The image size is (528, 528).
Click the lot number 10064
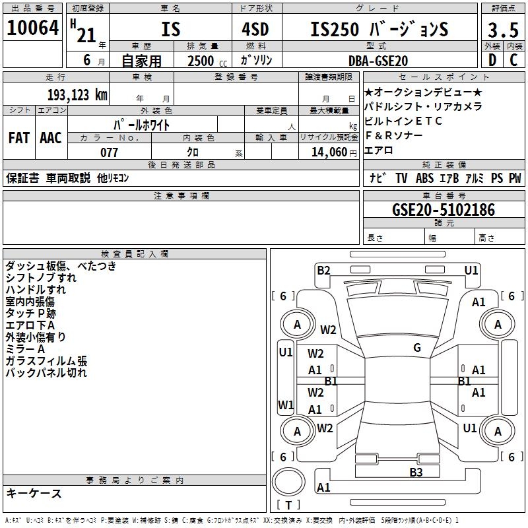click(x=33, y=28)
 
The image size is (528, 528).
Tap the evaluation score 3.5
click(x=503, y=30)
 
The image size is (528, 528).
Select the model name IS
click(x=170, y=29)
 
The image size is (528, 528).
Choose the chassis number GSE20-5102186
click(x=443, y=210)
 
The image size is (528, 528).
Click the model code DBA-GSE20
click(x=378, y=61)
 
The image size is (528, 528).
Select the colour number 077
click(x=109, y=152)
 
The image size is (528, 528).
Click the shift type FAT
click(x=18, y=137)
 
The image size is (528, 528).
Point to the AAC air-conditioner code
click(x=51, y=137)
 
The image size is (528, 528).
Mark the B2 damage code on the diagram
click(x=323, y=270)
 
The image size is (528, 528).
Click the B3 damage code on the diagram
click(x=416, y=472)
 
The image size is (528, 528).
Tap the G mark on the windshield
click(x=417, y=348)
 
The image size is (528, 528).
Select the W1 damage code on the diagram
click(x=286, y=405)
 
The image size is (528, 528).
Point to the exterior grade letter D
click(x=492, y=61)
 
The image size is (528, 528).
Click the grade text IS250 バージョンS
click(x=379, y=30)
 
